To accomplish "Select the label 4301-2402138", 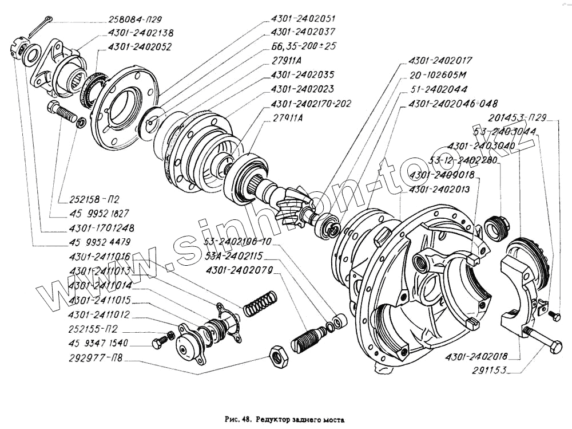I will (x=141, y=33).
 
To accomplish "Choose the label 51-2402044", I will (x=439, y=89).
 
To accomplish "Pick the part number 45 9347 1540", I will (x=97, y=343).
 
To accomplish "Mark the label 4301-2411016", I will (x=100, y=257).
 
